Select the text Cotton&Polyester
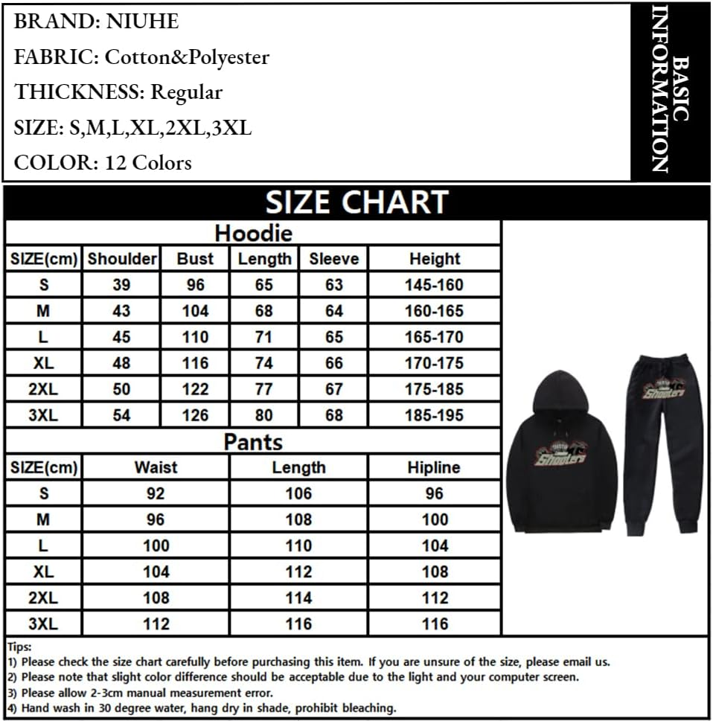(x=187, y=57)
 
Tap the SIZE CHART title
(x=356, y=202)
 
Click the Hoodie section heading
(x=253, y=234)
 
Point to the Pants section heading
(x=253, y=442)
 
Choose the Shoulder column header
(x=122, y=259)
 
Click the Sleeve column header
(x=333, y=259)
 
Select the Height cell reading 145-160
(x=434, y=285)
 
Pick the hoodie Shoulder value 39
(x=121, y=285)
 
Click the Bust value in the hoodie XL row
(x=195, y=363)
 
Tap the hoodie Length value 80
(x=263, y=415)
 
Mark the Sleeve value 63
(x=334, y=285)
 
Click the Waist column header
(x=156, y=467)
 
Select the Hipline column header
(x=434, y=467)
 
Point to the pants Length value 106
(x=298, y=493)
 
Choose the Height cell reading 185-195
(x=434, y=415)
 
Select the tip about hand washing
(x=208, y=708)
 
